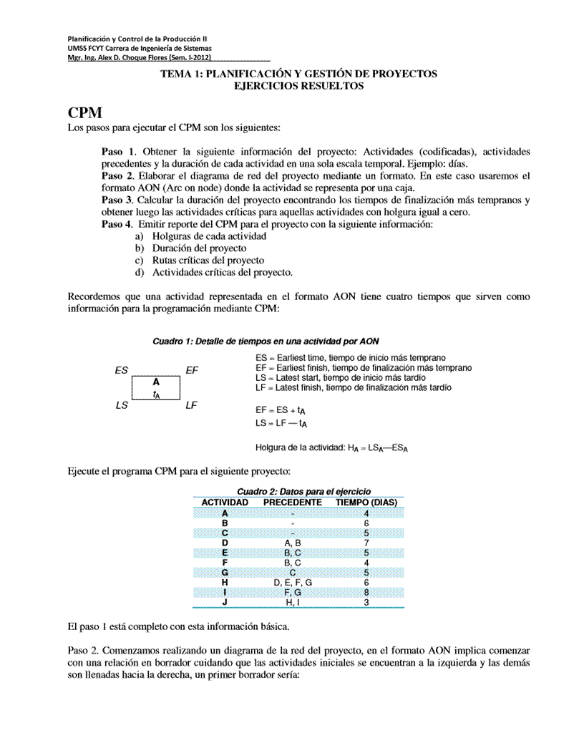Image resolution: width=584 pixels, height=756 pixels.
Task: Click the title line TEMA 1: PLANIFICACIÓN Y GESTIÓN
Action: coord(298,74)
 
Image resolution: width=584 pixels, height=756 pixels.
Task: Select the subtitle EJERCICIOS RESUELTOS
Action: coord(298,86)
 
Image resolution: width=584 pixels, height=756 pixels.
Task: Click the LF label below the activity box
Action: coord(191,405)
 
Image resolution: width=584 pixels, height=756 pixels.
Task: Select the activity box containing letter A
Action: coord(155,388)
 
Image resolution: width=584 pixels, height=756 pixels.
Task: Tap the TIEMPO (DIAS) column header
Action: coord(366,503)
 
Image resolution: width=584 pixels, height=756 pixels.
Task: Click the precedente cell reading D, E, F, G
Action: coord(293,583)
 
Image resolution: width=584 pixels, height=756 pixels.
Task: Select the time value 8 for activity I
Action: coord(366,593)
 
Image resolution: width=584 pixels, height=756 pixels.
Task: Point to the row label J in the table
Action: coord(225,603)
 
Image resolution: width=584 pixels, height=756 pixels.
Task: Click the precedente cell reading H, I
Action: coord(293,603)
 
